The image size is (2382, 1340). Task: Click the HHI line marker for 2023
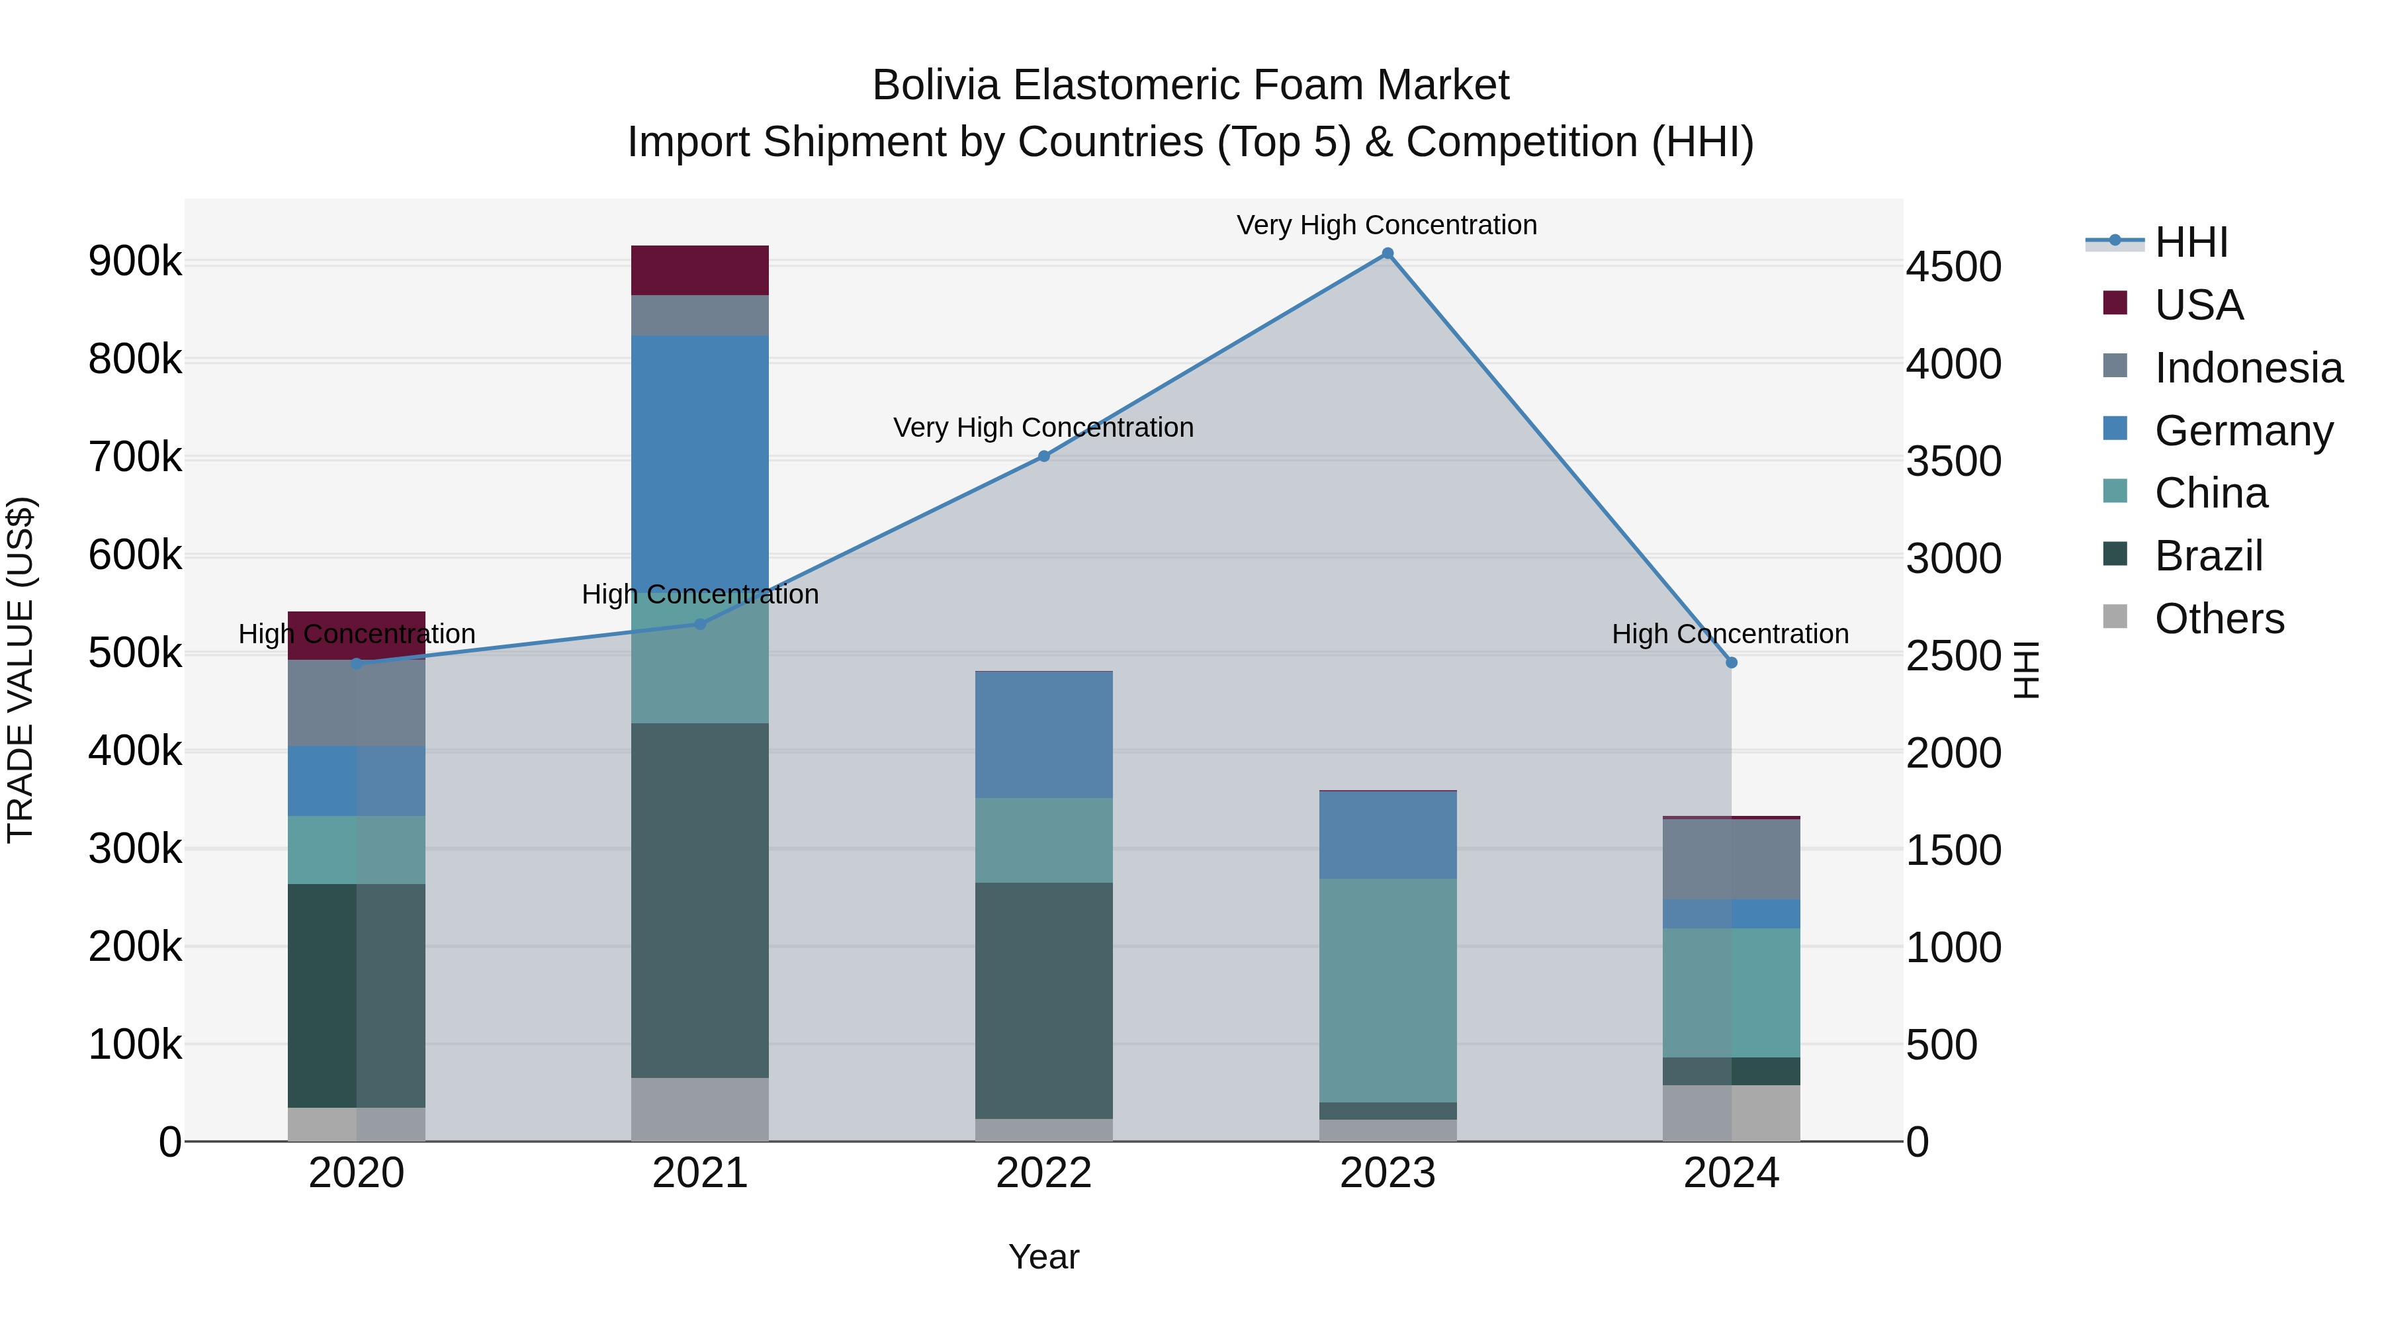(1387, 253)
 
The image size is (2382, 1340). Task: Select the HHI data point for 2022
(1044, 456)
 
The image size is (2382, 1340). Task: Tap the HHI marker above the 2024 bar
(1731, 662)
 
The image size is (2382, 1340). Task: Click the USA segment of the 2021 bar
(700, 270)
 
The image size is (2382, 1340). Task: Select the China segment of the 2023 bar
(1387, 989)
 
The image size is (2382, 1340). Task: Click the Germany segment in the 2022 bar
(1044, 735)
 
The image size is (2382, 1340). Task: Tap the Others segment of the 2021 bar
(700, 1109)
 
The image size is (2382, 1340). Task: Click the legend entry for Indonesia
(2247, 368)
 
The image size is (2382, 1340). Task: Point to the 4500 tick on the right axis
(1954, 267)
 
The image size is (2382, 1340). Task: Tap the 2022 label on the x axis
(1044, 1173)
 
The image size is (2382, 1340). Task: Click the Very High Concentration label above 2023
(1386, 225)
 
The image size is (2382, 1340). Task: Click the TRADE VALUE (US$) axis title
(21, 670)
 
